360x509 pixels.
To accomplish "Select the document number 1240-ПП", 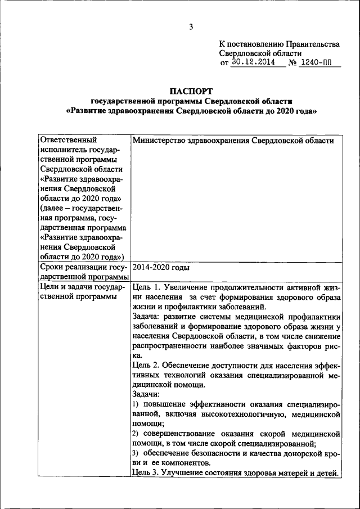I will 320,62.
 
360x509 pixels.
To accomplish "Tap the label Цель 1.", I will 147,287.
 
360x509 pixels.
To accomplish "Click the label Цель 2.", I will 147,365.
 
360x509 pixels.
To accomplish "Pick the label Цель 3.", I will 147,472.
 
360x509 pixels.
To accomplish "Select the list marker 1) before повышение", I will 136,405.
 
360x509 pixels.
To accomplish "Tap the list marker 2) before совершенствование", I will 136,434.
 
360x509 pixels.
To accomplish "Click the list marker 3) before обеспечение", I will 136,453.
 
